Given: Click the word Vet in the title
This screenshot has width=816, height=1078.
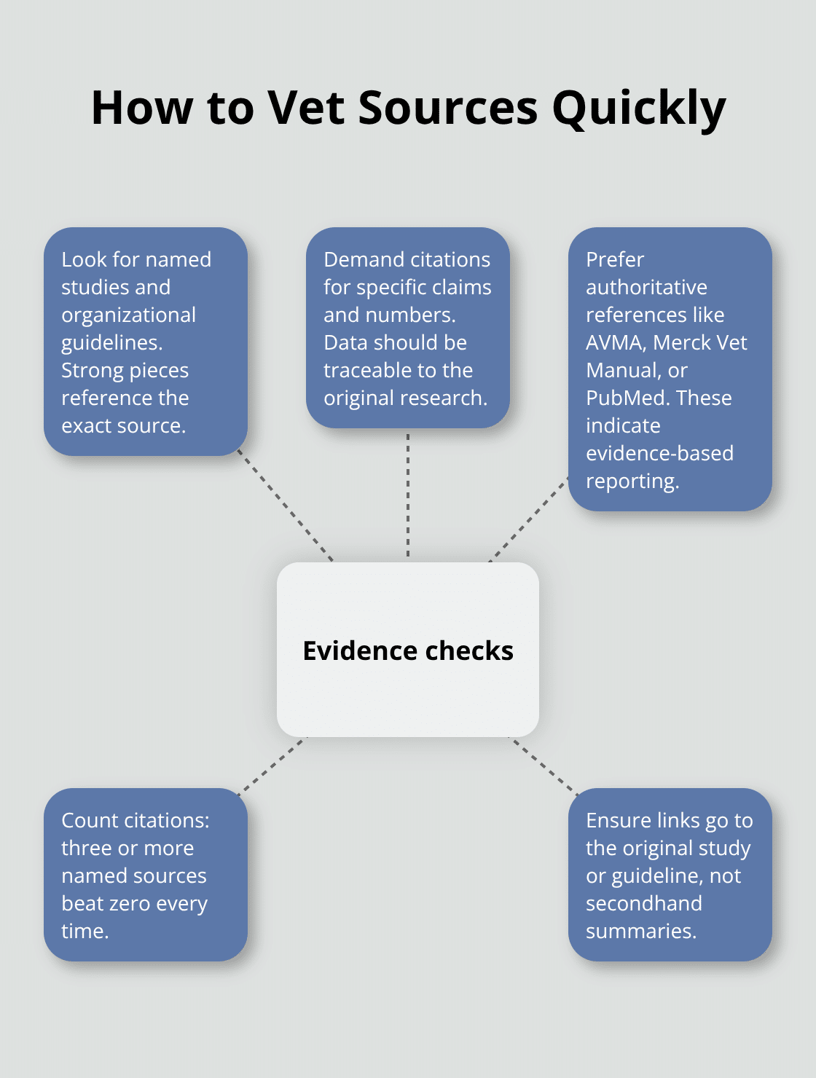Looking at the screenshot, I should point(307,108).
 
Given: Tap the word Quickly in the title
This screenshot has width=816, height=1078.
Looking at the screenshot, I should point(638,109).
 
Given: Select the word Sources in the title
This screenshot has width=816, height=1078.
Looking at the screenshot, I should point(448,108).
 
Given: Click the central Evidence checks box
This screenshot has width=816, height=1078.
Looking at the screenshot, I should point(408,650).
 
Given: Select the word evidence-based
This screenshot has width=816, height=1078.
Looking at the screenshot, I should point(659,453).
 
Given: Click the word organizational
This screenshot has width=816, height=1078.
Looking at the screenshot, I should point(128,315).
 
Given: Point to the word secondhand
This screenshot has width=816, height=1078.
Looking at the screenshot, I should point(644,903).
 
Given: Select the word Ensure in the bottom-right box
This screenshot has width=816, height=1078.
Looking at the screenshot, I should point(618,820).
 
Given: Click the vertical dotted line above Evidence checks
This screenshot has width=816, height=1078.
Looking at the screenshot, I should point(408,495).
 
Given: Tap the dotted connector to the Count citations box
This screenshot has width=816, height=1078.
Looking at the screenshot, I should point(272,763).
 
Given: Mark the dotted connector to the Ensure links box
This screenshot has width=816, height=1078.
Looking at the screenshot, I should point(544,765).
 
